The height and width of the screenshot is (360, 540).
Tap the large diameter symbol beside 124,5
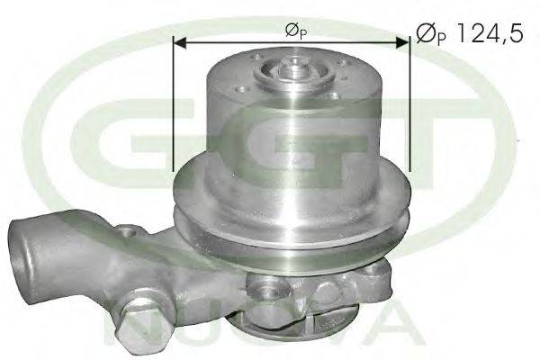pyautogui.click(x=427, y=33)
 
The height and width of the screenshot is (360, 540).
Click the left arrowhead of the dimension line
pyautogui.click(x=179, y=42)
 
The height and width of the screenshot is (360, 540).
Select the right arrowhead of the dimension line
pyautogui.click(x=403, y=42)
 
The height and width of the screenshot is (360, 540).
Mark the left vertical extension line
pyautogui.click(x=173, y=103)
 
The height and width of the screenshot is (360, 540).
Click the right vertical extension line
pyautogui.click(x=409, y=103)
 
